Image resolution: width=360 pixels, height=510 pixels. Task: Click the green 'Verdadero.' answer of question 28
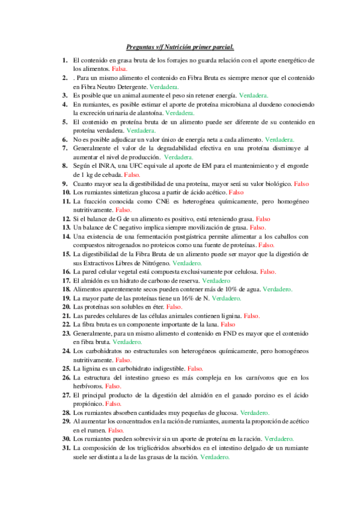pyautogui.click(x=254, y=413)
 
